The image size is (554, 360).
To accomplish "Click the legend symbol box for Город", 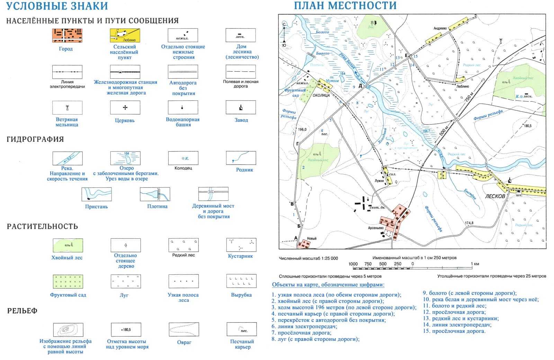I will [x=67, y=36].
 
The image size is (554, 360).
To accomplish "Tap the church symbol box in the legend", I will [x=125, y=108].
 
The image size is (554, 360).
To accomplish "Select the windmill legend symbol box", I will [x=67, y=108].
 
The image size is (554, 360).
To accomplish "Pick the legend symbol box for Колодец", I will [x=183, y=158].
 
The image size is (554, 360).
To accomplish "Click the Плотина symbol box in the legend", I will [x=155, y=194].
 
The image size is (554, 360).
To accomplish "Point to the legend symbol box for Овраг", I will [x=184, y=330].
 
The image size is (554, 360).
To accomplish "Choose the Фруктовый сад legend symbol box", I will [x=68, y=282].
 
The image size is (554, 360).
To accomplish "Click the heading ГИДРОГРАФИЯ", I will [x=35, y=139].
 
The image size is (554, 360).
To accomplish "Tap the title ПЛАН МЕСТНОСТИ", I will [x=345, y=6].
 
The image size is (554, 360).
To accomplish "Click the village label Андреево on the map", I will [x=440, y=28].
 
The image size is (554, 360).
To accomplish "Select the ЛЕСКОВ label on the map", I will [x=495, y=196].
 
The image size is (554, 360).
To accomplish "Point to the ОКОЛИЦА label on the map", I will [x=321, y=95].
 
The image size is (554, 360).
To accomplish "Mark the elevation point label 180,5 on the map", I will [x=527, y=126].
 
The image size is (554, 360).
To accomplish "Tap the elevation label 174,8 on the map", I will [x=469, y=223].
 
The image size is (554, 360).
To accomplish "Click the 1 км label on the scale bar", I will [x=476, y=264].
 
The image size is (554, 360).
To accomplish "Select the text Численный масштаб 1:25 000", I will [x=308, y=258].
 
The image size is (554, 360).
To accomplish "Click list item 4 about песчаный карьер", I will [x=333, y=314].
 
